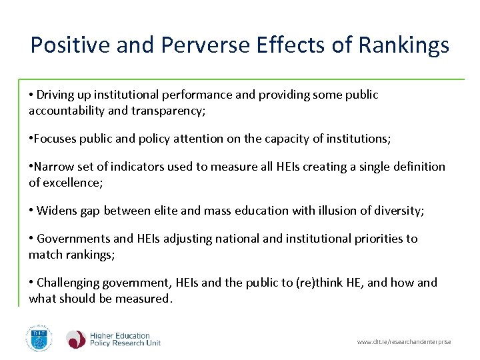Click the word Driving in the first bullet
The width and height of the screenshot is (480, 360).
(x=55, y=95)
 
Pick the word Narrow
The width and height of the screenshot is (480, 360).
(x=55, y=167)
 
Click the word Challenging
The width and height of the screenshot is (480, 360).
(x=69, y=283)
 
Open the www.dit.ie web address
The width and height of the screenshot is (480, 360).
(x=404, y=342)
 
